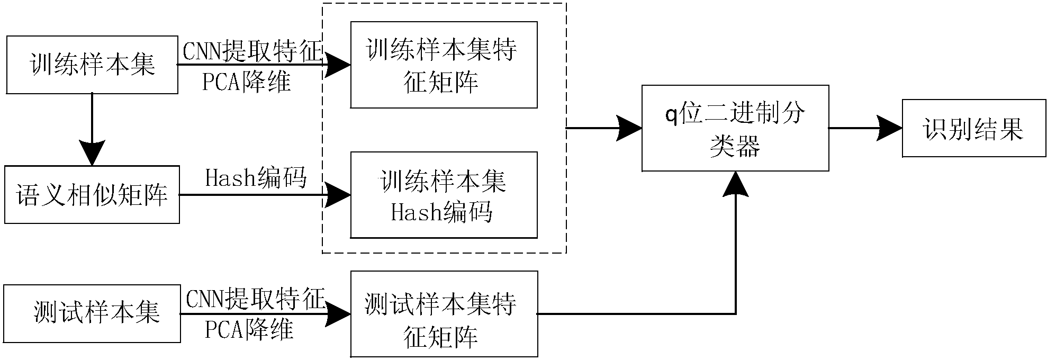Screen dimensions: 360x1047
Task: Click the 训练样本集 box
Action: [x=92, y=65]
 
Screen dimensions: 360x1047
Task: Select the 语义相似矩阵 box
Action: [x=92, y=194]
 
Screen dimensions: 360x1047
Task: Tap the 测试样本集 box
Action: [x=92, y=313]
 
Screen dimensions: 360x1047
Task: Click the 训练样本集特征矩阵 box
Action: [x=444, y=65]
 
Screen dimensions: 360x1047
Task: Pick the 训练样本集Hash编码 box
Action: [x=444, y=195]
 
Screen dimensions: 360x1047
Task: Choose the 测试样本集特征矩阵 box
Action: [x=444, y=314]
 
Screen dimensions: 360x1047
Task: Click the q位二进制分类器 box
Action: [x=735, y=128]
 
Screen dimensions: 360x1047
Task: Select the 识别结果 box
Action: [x=974, y=128]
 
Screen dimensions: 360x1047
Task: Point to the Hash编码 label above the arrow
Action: [x=256, y=178]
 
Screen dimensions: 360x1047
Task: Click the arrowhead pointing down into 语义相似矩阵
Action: [x=92, y=152]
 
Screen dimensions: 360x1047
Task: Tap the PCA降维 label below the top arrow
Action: [x=247, y=82]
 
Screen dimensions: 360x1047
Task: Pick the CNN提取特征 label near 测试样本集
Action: [x=255, y=300]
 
